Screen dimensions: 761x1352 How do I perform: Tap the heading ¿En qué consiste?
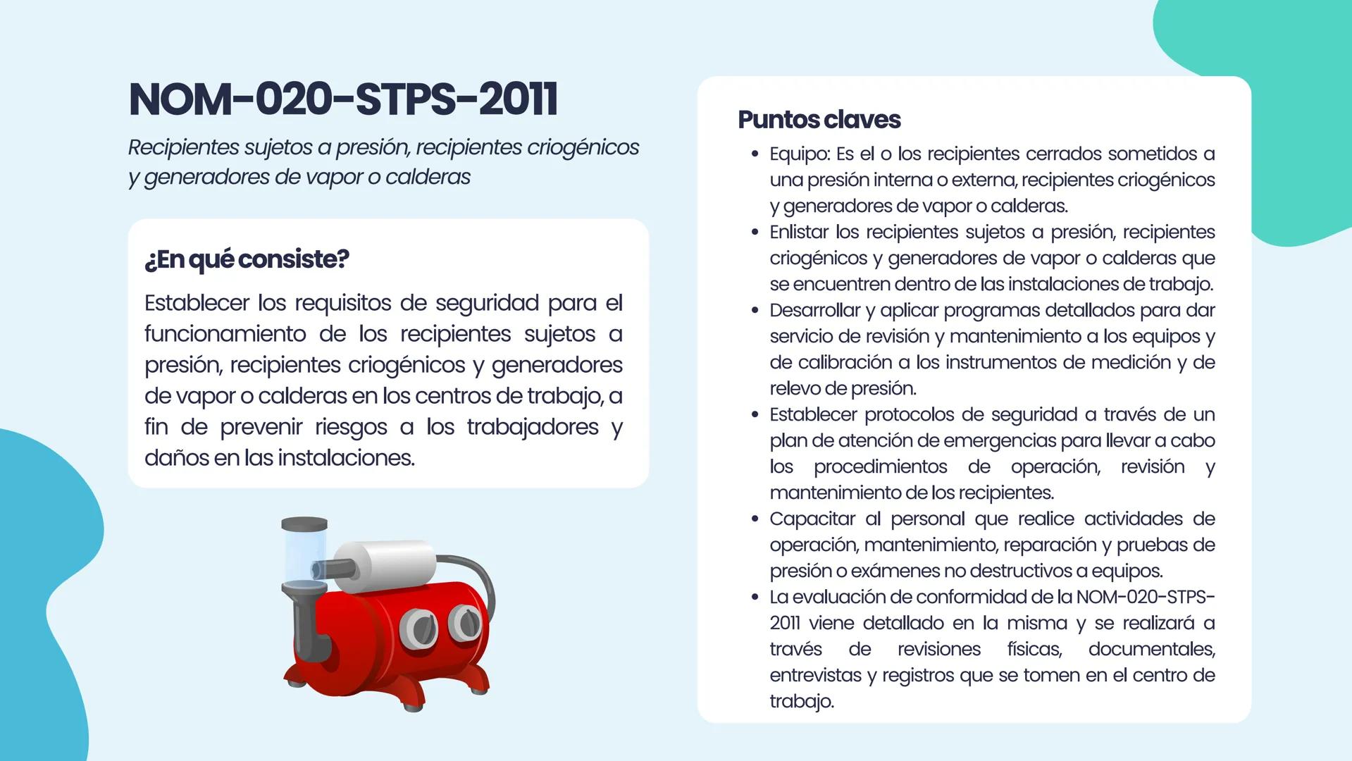click(247, 259)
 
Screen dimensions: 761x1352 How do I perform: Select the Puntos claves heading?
click(819, 120)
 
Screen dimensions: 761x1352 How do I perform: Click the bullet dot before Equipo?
click(755, 154)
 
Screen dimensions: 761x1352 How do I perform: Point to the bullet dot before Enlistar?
click(755, 232)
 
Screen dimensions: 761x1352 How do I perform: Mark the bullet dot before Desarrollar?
click(755, 310)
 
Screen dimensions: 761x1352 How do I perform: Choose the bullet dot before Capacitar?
click(755, 519)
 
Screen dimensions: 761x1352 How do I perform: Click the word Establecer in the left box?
click(197, 303)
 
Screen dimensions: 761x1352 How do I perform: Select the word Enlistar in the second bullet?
click(799, 232)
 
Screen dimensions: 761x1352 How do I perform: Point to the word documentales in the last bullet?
click(1151, 649)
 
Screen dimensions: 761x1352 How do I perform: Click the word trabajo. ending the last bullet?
click(801, 701)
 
